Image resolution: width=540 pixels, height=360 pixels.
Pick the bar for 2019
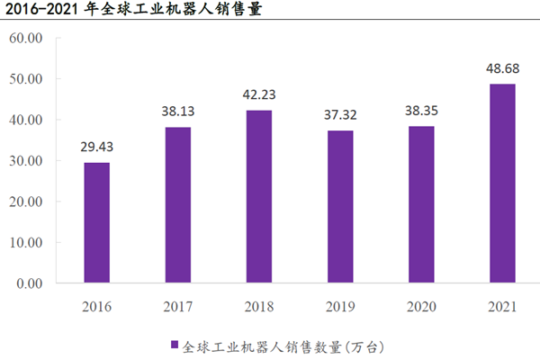[x=340, y=206]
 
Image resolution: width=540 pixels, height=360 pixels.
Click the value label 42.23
[x=259, y=94]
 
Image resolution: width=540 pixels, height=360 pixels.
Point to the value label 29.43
[x=96, y=147]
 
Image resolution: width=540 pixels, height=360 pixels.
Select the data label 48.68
[x=503, y=68]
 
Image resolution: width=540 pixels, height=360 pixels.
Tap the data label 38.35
[x=421, y=110]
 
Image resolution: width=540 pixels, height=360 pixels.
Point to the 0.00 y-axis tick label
[x=28, y=283]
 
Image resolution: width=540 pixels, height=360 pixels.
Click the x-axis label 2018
[x=259, y=307]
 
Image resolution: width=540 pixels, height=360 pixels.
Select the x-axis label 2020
[x=421, y=307]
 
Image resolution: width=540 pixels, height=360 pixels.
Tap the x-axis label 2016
[x=96, y=307]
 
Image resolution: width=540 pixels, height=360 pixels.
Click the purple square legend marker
[x=174, y=344]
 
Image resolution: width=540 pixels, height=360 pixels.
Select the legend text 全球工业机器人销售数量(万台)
[x=283, y=344]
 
